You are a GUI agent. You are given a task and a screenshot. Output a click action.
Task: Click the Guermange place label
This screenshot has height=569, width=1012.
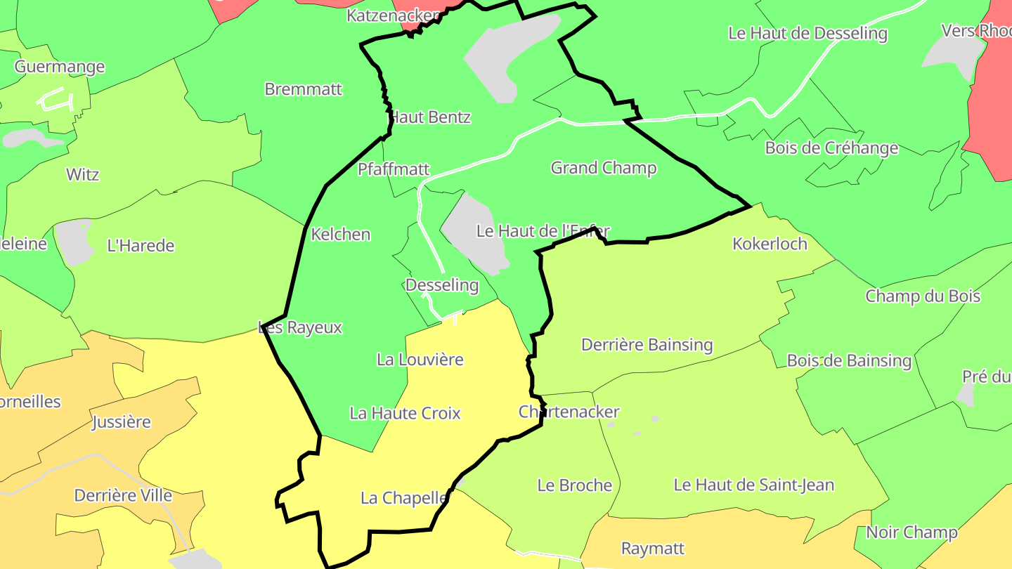coord(60,67)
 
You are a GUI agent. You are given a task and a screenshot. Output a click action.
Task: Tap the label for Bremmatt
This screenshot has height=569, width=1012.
coord(304,89)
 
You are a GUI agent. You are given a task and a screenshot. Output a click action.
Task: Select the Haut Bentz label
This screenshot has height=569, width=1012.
coord(430,117)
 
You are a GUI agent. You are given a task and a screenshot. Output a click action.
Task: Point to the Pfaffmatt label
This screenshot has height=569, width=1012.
coord(394,169)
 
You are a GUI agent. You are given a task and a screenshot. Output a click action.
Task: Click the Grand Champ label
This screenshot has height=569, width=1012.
coord(604,168)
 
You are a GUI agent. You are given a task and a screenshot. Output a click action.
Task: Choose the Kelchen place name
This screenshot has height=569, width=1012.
coord(341,235)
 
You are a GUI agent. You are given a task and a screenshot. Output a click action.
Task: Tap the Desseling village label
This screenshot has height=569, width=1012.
coord(442,285)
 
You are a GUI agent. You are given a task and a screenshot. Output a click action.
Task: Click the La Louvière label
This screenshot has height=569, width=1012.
coord(420,360)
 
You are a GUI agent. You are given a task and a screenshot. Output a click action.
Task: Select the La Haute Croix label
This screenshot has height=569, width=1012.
coord(406,413)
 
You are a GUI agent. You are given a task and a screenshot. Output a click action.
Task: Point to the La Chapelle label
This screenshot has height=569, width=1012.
coord(404,498)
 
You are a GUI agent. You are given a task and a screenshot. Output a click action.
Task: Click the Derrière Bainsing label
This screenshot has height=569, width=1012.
coord(647,345)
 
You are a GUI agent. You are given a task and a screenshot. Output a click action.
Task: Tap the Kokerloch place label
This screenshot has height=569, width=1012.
coord(770,244)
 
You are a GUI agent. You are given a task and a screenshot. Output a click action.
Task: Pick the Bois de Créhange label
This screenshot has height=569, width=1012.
coord(831,148)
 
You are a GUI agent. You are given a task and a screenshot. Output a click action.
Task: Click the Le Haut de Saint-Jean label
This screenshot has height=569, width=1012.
coord(754,485)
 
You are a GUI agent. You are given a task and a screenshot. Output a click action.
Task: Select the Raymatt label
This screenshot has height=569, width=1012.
coord(653,548)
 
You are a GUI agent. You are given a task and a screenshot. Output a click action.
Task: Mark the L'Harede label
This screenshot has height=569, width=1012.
coord(141,246)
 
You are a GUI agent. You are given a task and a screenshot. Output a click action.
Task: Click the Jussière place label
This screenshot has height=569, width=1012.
coord(122,422)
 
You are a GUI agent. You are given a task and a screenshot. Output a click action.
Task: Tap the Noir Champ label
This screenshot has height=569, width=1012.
coord(912,532)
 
